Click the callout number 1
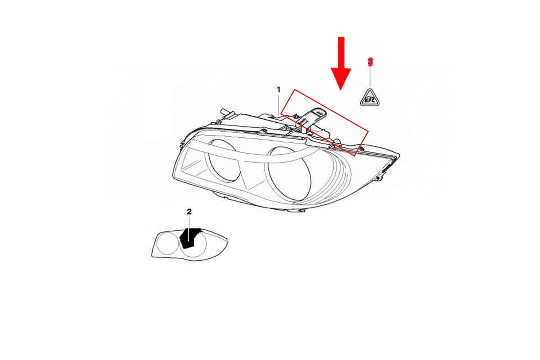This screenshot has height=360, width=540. coord(278,90)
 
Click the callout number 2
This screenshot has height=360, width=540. coord(189,212)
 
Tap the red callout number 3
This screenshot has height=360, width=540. coord(370,61)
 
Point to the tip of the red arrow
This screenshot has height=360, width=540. coord(341,90)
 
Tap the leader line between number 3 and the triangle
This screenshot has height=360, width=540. coord(370,76)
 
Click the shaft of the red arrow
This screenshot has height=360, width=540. coord(341,53)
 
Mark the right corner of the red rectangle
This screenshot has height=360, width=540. coord(368,132)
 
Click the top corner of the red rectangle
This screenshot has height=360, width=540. coord(295,89)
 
